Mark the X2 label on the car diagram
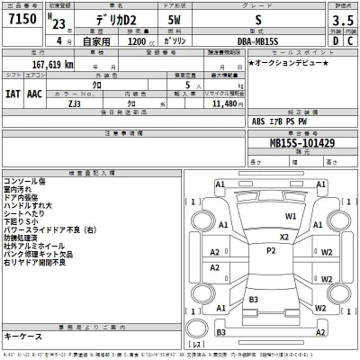tap(284, 237)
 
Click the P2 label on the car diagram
tap(270, 251)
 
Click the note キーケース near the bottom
tap(23, 336)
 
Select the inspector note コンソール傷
tap(26, 179)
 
